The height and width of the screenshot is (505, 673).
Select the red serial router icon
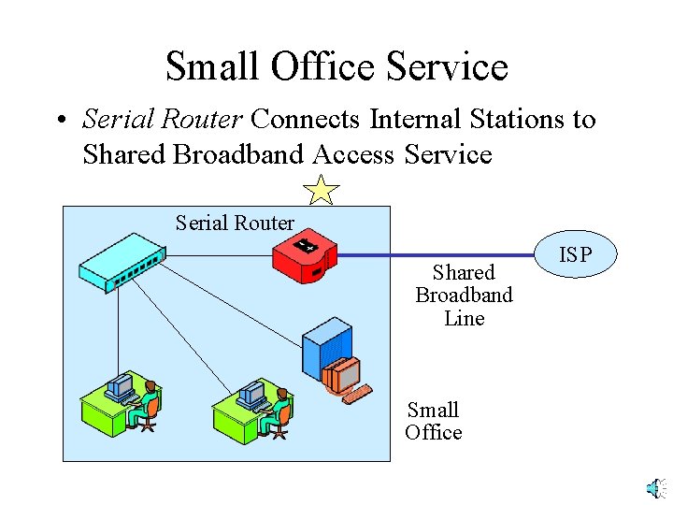305,255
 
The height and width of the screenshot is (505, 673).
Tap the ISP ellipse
575,253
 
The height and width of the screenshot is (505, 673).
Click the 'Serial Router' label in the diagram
235,223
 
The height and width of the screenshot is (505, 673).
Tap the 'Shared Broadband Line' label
464,296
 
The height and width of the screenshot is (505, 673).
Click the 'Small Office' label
433,421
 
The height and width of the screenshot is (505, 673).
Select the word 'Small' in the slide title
212,67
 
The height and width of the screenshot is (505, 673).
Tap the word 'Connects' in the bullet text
305,120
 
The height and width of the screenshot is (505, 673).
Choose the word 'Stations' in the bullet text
517,120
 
